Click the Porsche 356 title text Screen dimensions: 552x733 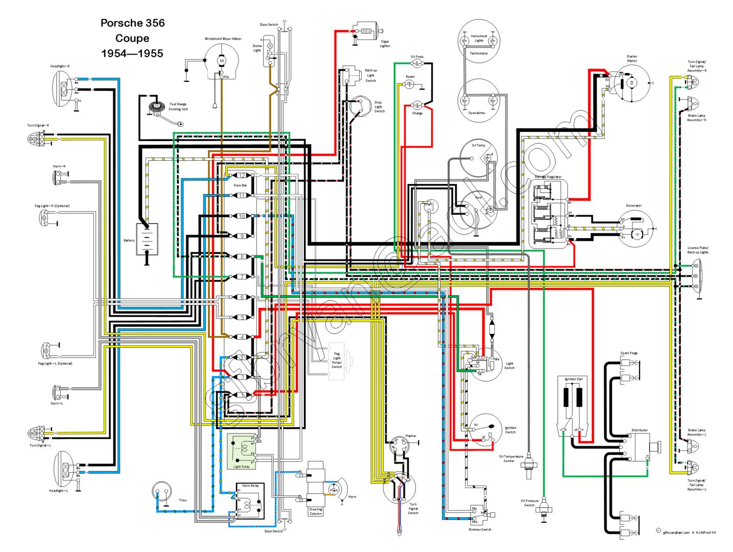(x=132, y=23)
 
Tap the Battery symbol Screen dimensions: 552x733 (x=147, y=239)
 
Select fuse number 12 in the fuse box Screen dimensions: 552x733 (x=242, y=175)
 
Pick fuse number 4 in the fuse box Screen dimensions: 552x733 (x=242, y=337)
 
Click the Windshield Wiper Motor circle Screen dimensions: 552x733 (x=222, y=61)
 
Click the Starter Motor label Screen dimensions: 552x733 (x=632, y=58)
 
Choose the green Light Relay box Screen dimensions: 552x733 (x=242, y=451)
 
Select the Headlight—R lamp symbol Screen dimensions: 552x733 (x=63, y=89)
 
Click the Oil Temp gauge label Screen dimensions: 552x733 (x=478, y=145)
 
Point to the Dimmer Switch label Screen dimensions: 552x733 (x=480, y=530)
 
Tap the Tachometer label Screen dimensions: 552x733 (x=479, y=53)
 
